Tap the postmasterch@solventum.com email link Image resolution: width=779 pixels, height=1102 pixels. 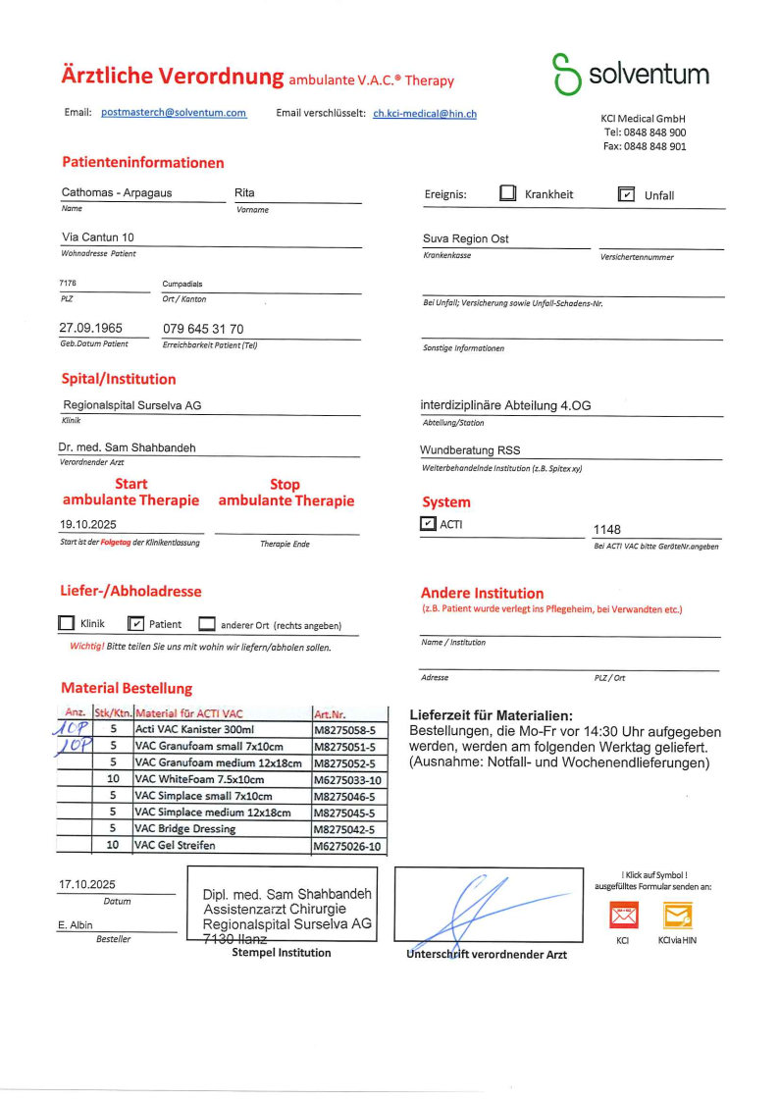[174, 113]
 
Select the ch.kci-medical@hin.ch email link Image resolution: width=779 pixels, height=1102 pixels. [425, 114]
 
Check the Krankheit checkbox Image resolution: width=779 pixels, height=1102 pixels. [507, 193]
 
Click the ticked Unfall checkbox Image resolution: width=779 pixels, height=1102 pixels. [626, 194]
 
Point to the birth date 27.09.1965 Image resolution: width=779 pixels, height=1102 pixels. [91, 329]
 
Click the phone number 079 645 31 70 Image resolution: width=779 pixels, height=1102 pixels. [203, 329]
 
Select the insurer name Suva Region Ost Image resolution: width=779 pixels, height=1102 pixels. [465, 238]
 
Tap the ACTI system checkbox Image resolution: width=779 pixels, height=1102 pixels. [428, 524]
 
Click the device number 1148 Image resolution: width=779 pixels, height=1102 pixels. [607, 529]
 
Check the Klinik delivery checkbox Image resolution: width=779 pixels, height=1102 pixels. [67, 623]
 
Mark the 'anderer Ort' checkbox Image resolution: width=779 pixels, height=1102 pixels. [206, 623]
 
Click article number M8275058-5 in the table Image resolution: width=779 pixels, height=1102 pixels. [344, 730]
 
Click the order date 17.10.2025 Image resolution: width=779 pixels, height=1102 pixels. [87, 884]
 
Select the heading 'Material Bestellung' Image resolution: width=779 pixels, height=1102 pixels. [127, 688]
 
